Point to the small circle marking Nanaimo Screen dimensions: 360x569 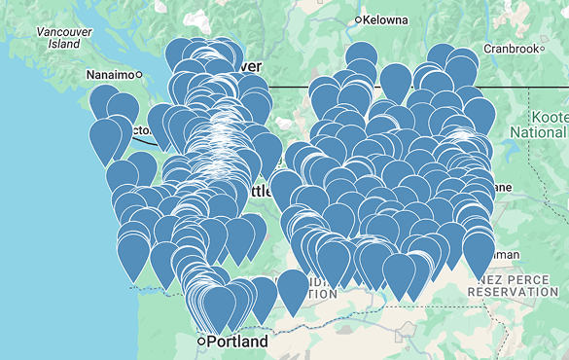click(x=139, y=74)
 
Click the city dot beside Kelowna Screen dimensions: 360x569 click(x=359, y=19)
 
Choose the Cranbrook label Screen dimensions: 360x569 click(x=511, y=49)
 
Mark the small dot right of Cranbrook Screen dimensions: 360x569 click(x=541, y=49)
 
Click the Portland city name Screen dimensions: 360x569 click(x=238, y=342)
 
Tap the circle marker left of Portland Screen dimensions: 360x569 click(x=201, y=342)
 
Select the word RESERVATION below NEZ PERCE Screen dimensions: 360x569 click(x=515, y=291)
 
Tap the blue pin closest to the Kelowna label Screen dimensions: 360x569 click(x=361, y=56)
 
